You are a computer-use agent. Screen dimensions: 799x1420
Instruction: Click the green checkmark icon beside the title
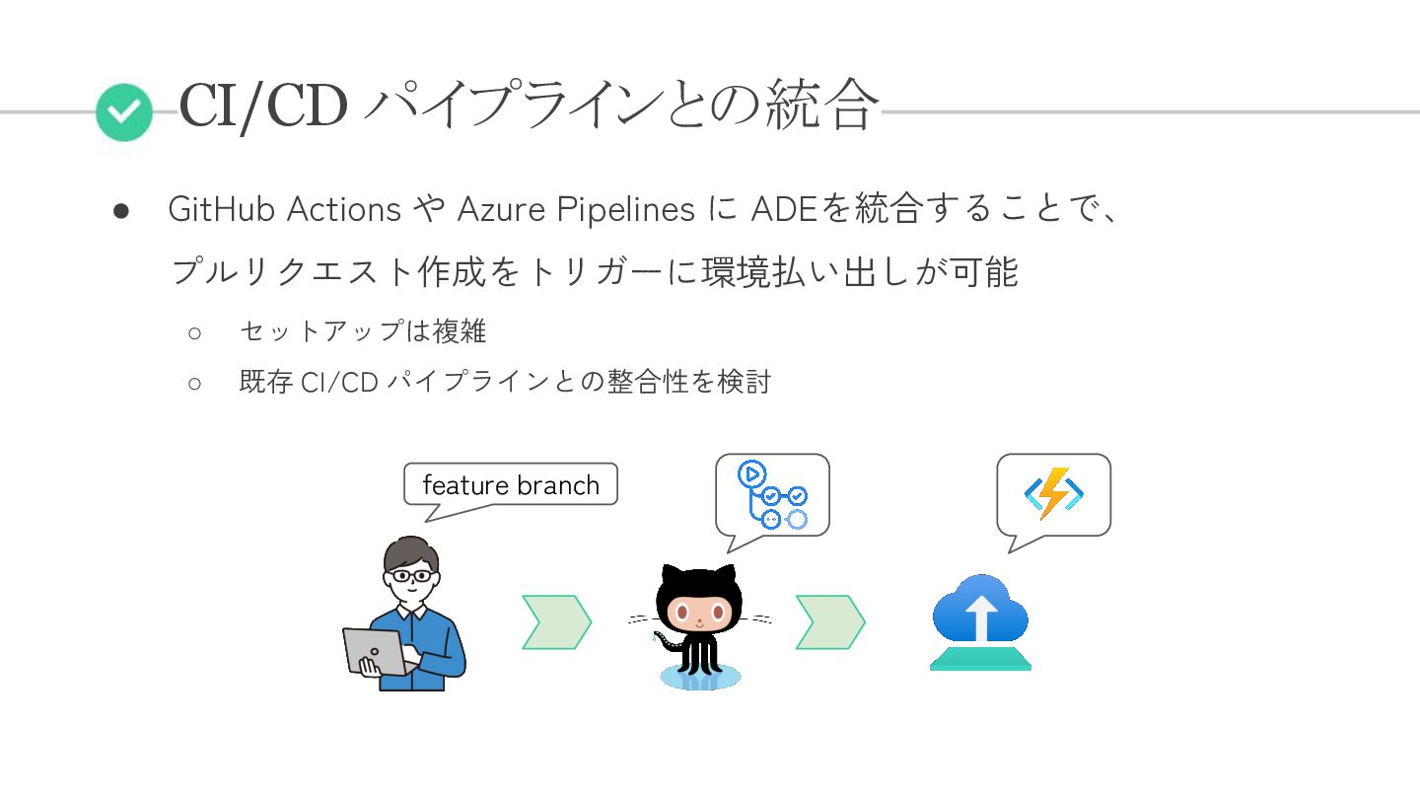124,112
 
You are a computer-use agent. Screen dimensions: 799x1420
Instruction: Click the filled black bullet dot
121,210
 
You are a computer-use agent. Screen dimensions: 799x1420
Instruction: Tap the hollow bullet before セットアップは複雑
194,332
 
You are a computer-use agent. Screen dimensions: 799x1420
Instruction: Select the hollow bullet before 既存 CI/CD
194,383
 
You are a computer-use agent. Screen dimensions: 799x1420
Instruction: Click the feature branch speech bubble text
511,485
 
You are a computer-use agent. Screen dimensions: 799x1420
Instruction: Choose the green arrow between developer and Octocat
556,622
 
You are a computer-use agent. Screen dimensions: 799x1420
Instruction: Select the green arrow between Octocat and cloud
830,622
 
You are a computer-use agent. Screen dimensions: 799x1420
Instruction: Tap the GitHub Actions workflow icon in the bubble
772,494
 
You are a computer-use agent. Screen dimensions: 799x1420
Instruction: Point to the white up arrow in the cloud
981,618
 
